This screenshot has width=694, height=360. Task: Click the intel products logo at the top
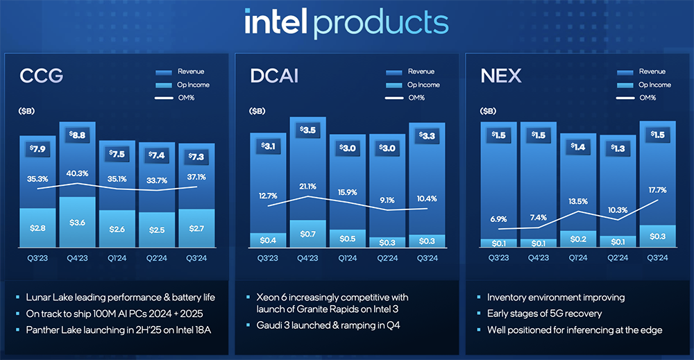click(346, 23)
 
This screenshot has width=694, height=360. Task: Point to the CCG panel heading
click(41, 76)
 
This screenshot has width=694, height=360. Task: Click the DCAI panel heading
click(274, 76)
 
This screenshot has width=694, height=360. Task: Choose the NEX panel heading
click(500, 76)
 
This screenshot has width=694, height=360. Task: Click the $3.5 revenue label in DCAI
click(307, 130)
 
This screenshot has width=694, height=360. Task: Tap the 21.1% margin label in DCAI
click(307, 185)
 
